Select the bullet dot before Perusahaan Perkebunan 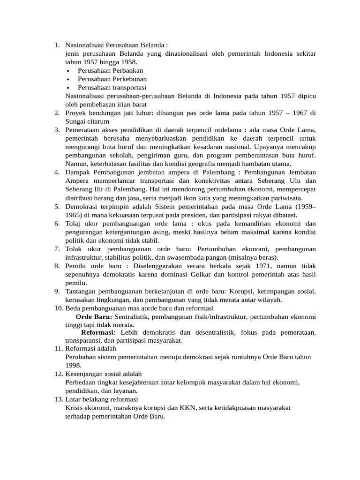[x=68, y=79]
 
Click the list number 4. [x=57, y=172]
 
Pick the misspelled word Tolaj [x=73, y=223]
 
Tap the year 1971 [x=243, y=266]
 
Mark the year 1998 [x=73, y=366]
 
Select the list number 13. [x=58, y=399]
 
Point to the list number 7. [x=57, y=248]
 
